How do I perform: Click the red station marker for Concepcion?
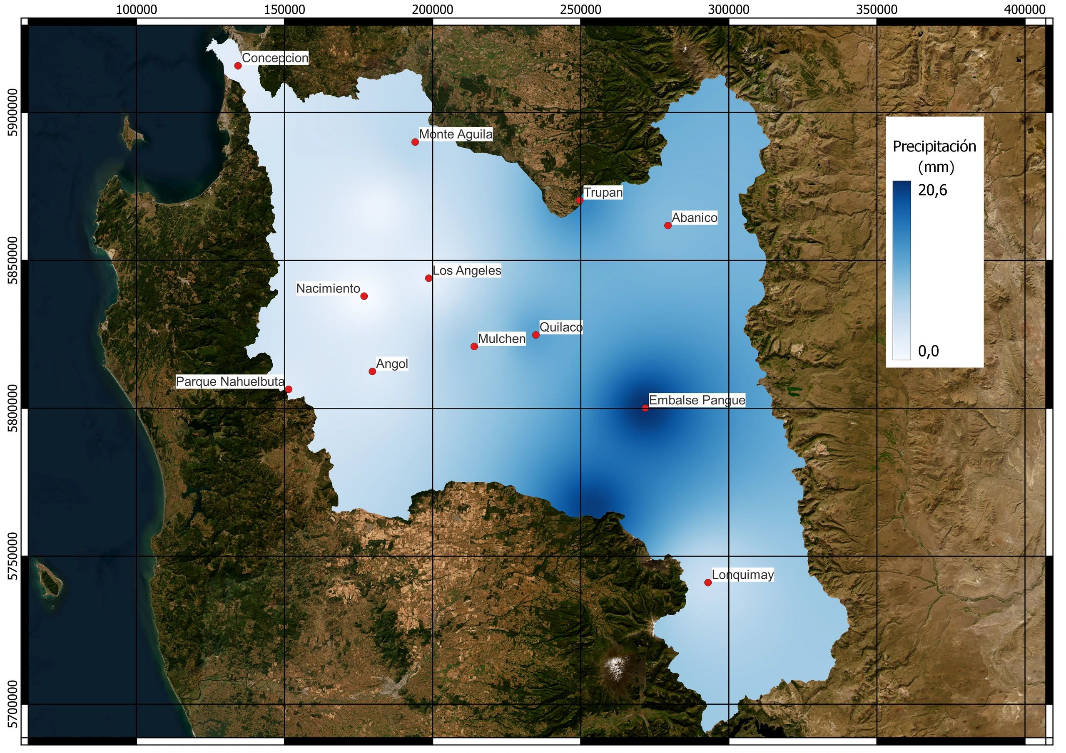tap(238, 66)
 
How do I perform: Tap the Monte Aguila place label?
tap(456, 134)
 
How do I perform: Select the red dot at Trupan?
tap(579, 201)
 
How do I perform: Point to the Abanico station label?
tap(694, 218)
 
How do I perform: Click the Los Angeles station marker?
tap(428, 278)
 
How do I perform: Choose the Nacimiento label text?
tap(328, 289)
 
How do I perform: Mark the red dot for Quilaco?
tap(536, 335)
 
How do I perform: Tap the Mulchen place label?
tap(501, 339)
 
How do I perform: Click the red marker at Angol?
tap(372, 371)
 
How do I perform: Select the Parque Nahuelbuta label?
tap(230, 382)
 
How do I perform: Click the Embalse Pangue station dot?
tap(645, 408)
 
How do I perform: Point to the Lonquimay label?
tap(742, 575)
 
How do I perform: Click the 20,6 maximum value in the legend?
tap(932, 190)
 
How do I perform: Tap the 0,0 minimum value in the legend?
tap(928, 351)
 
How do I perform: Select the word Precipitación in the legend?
tap(934, 146)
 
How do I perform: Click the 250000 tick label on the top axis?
tap(580, 9)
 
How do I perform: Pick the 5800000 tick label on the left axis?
tap(13, 408)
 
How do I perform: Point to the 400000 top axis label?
tap(1024, 9)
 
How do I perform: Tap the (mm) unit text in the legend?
tap(936, 166)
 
